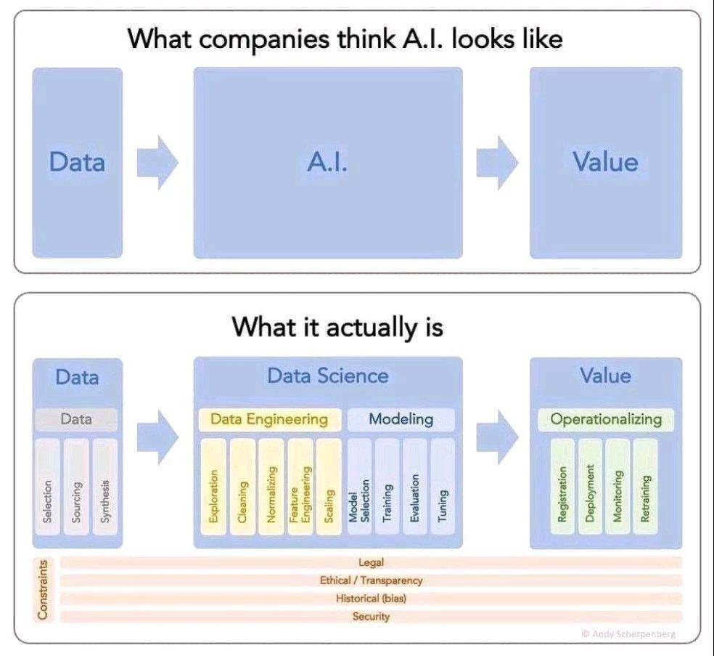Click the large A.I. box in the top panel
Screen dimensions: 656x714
[327, 163]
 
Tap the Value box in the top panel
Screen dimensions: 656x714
[606, 163]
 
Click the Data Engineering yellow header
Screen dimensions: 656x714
[269, 419]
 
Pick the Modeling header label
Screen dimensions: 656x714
[401, 419]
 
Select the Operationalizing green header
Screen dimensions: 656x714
[605, 419]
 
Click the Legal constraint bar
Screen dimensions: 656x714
[371, 562]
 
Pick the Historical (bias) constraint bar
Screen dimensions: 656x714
[371, 599]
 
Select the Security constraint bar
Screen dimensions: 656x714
[371, 617]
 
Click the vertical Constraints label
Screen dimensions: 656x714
[43, 589]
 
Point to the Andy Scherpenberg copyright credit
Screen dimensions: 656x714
[628, 634]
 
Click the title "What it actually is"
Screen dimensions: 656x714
[337, 328]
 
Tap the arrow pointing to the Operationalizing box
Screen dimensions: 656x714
[497, 436]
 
